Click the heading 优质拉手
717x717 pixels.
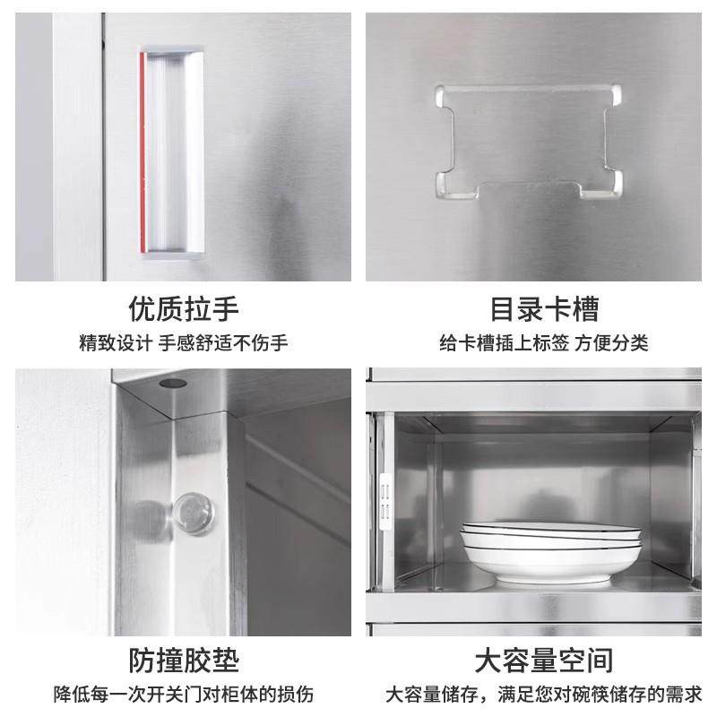point(185,309)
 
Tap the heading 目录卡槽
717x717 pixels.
point(543,309)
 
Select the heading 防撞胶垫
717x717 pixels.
point(185,661)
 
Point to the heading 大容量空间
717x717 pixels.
point(544,661)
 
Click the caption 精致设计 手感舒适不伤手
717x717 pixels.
point(184,343)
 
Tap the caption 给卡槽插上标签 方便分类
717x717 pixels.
point(544,343)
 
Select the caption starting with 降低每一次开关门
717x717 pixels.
point(184,695)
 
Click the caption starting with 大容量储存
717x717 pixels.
point(544,695)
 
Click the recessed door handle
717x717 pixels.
point(171,152)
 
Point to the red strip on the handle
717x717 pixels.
point(143,152)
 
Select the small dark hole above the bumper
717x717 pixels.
point(170,384)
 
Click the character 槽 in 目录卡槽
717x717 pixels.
point(585,309)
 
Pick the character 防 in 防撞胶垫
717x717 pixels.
point(144,661)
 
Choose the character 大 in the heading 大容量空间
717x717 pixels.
point(488,661)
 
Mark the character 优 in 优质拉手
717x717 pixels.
point(143,309)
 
